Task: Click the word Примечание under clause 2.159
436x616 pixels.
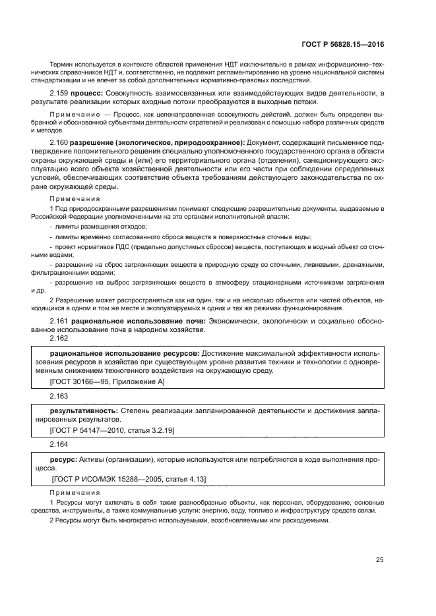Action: (x=74, y=114)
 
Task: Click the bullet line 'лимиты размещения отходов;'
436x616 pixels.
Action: (x=92, y=226)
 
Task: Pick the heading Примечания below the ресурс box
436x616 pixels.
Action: (x=75, y=493)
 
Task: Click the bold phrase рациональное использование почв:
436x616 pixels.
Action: (x=139, y=320)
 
